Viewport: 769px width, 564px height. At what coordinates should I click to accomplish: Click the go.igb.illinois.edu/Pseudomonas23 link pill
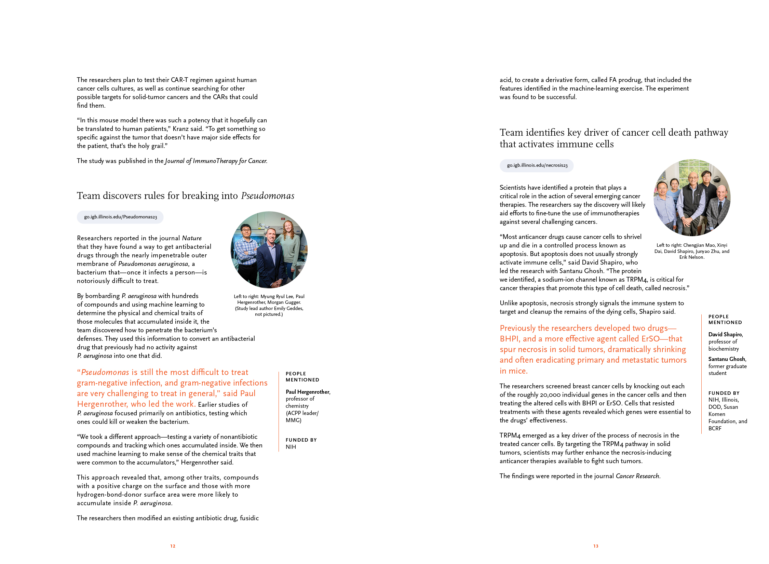click(120, 217)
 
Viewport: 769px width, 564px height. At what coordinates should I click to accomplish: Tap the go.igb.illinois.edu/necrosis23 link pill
click(537, 165)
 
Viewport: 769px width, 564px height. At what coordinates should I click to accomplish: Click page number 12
click(173, 546)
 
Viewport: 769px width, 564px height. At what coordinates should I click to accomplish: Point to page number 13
click(596, 546)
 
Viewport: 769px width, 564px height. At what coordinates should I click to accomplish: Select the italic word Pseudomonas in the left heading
click(268, 196)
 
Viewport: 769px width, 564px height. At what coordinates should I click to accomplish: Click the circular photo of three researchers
click(269, 250)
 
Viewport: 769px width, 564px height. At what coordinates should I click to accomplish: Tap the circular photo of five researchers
click(692, 198)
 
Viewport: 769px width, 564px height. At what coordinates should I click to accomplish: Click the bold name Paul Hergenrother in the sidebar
click(308, 392)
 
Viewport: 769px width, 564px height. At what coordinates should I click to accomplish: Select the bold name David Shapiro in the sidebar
click(725, 334)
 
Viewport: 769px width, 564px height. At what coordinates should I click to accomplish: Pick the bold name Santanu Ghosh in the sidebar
click(727, 359)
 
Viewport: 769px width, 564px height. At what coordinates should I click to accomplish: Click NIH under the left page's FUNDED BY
click(291, 447)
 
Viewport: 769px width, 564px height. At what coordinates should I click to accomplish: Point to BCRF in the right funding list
click(715, 428)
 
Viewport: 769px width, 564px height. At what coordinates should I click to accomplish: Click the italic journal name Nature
click(192, 238)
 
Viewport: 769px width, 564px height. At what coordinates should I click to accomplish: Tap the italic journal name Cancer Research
click(637, 476)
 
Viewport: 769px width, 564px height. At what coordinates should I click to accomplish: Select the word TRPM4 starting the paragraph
click(510, 435)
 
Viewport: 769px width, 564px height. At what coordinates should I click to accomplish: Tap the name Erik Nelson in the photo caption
click(691, 257)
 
